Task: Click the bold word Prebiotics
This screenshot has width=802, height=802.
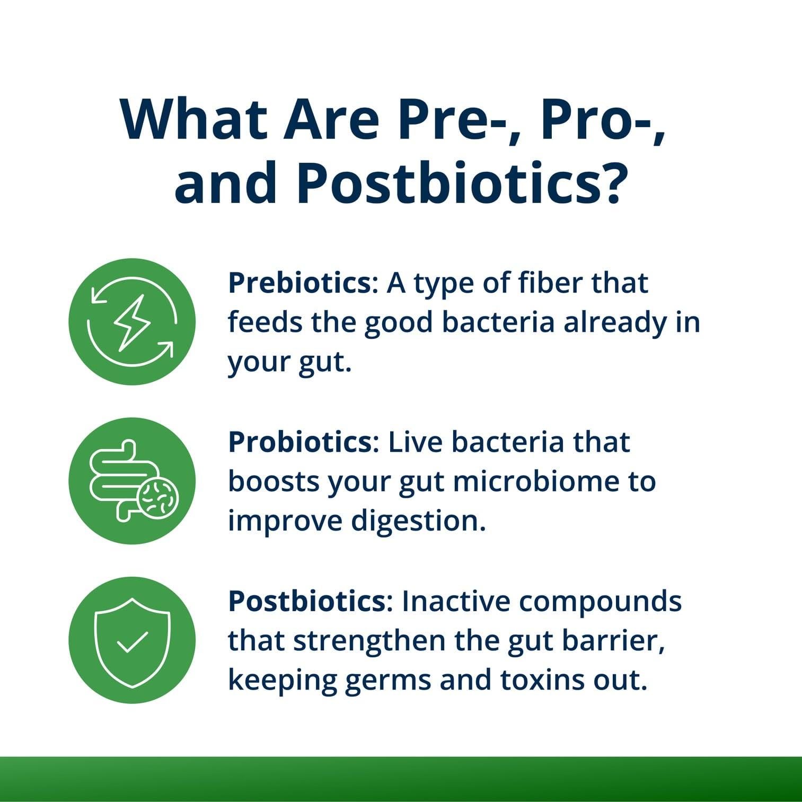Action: click(x=299, y=283)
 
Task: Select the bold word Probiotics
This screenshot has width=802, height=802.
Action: click(x=300, y=442)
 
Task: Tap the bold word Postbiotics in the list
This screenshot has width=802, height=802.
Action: click(x=307, y=601)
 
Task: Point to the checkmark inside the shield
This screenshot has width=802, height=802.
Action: click(x=132, y=642)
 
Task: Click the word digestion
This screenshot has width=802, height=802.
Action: click(x=418, y=522)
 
